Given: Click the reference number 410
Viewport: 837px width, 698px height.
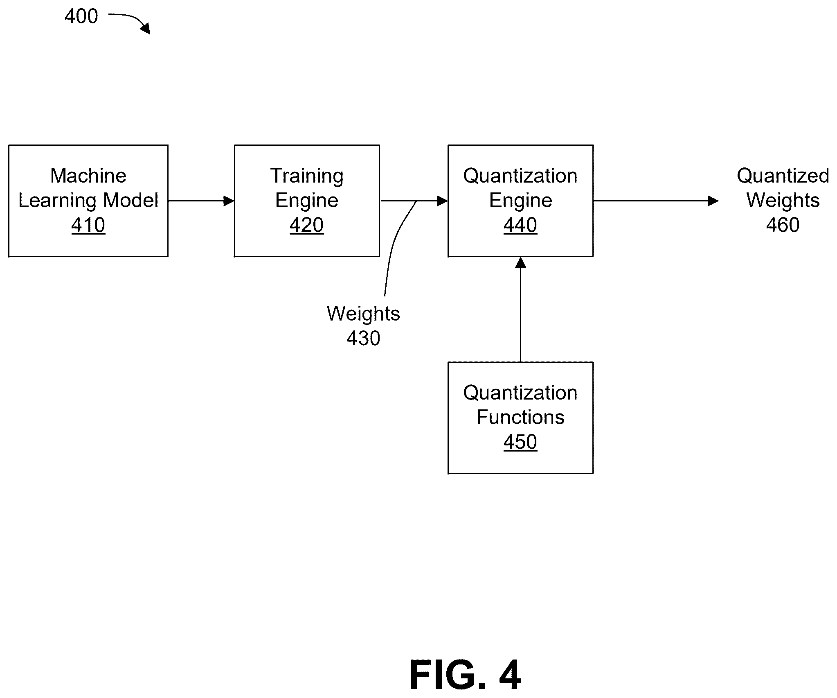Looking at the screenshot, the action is coord(88,225).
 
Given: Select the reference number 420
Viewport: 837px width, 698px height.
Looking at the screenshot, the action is coord(307,225).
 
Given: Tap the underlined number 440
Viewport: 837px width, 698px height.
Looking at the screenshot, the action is coord(520,225).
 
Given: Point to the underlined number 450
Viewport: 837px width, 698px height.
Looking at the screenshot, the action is coord(520,442).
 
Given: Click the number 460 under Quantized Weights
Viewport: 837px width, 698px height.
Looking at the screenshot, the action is coord(783,225).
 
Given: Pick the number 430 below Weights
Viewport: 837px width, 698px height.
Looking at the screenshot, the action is coord(363,338).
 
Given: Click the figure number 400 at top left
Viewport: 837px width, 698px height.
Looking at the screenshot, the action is coord(81,16).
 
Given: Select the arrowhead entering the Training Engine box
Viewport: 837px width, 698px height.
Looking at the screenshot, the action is coord(229,201).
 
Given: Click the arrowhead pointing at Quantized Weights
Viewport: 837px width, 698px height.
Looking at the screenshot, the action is coord(713,201).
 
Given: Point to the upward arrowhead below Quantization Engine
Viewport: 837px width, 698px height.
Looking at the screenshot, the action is coord(520,262).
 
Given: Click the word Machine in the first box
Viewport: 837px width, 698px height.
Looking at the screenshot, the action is coord(88,176).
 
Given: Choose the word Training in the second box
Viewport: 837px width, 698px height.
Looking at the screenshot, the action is coord(307,176).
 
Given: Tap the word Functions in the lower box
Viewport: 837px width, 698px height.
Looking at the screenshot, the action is coord(520,417).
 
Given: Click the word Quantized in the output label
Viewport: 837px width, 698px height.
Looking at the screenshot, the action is coord(783,176).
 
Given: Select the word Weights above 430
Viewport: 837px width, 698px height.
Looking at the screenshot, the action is coord(363,314).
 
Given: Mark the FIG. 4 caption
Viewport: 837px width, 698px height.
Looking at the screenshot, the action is coord(465,675).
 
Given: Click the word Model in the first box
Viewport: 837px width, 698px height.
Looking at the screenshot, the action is coord(131,200).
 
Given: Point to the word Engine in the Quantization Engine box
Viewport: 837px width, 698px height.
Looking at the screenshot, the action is coord(520,201).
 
